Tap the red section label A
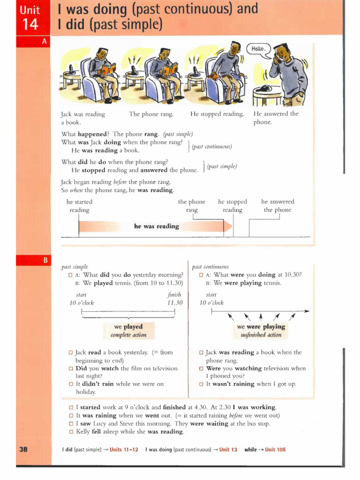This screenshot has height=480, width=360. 45,42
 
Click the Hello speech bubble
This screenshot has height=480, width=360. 258,49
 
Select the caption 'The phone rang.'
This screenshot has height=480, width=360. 151,114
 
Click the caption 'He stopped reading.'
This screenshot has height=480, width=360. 217,114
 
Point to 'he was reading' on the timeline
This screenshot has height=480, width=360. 157,226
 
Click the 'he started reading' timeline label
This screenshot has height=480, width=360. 79,206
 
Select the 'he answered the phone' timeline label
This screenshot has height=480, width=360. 277,206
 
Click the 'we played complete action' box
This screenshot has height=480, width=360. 128,330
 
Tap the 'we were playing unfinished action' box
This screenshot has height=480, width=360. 261,330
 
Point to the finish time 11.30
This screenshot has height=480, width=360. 174,303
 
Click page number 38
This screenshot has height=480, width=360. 23,450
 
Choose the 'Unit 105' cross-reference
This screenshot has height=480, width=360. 275,450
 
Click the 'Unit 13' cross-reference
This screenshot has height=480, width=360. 228,450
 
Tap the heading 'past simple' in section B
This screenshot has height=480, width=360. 75,266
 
